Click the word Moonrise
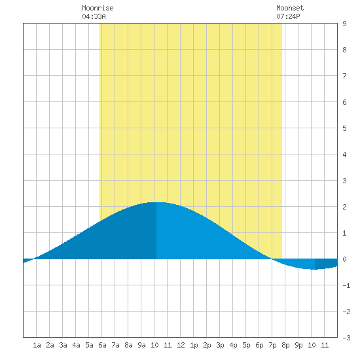98,8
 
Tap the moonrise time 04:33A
94,16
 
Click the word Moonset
290,8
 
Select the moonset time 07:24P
288,16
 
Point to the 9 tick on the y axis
344,24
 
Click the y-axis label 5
344,128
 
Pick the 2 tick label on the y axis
344,207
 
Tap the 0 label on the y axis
344,259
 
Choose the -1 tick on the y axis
346,285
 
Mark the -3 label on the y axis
346,338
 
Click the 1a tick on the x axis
37,345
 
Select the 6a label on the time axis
102,345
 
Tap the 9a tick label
141,345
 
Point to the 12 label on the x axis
181,345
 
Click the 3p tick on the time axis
220,345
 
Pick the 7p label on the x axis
272,345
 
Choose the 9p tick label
298,345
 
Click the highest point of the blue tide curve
158,202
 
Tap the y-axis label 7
344,76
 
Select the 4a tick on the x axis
76,345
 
